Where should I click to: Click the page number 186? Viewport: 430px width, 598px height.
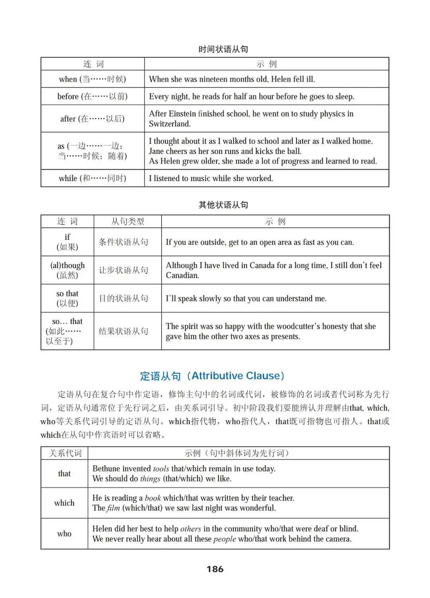click(x=215, y=569)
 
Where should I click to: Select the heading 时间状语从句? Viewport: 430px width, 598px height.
click(x=223, y=49)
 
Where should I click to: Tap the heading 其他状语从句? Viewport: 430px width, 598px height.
click(x=223, y=205)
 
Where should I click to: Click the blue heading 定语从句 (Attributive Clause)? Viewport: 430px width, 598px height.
click(x=213, y=376)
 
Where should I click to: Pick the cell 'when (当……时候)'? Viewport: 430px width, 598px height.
click(x=92, y=79)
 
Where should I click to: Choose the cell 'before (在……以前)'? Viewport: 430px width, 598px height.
click(x=92, y=96)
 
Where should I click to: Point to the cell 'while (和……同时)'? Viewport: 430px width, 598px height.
click(x=92, y=178)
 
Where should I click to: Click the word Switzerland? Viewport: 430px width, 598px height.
click(x=170, y=124)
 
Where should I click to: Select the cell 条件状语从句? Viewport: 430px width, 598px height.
click(x=123, y=242)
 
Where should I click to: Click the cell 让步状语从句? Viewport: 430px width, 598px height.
click(x=123, y=270)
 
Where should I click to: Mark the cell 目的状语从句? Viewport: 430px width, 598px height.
click(x=123, y=298)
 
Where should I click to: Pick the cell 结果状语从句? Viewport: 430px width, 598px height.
click(x=123, y=331)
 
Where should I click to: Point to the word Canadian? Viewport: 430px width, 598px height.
click(x=182, y=275)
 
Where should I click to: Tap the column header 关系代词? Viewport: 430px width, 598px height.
click(x=65, y=453)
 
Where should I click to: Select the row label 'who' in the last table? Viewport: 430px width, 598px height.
click(x=64, y=534)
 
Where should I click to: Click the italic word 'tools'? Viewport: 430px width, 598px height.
click(x=161, y=469)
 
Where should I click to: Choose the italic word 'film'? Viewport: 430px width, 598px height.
click(x=113, y=508)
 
